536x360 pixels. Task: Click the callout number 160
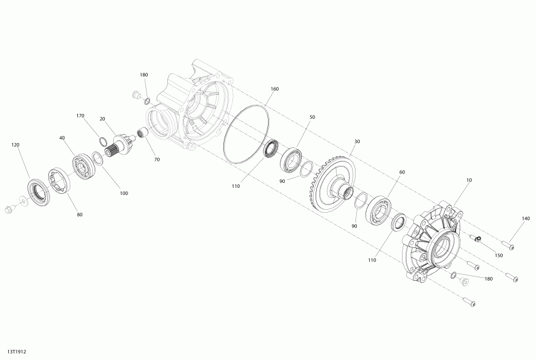[275, 89]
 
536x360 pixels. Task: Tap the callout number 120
[15, 145]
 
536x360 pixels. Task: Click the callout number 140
[526, 218]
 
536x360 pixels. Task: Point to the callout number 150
[498, 255]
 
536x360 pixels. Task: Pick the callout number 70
[157, 160]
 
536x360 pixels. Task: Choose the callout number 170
[80, 116]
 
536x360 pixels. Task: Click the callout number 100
[124, 193]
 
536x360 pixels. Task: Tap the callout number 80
[80, 215]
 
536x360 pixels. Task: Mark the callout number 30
[357, 141]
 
